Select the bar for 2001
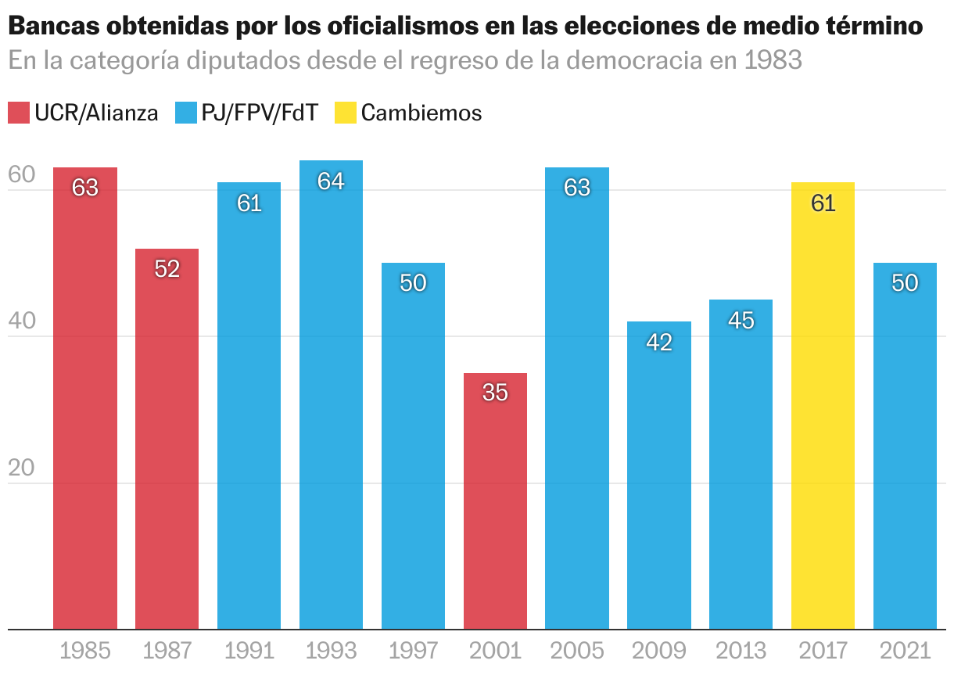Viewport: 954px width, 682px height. coord(495,501)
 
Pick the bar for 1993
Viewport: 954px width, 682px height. coord(331,394)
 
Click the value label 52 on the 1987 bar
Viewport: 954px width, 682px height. coord(167,269)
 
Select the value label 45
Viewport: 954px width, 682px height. coord(741,320)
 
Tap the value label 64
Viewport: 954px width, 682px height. coord(331,181)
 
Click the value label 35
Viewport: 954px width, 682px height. coord(495,393)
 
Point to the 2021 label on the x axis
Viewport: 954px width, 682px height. coord(905,651)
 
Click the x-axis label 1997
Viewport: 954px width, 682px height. coord(413,651)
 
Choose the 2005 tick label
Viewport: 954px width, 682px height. coord(577,651)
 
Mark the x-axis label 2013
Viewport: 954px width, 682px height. coord(741,651)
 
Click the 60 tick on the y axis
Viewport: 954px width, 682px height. coord(21,176)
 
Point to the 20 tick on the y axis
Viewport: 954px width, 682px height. coord(21,468)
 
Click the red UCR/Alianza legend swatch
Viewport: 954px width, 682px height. coord(18,113)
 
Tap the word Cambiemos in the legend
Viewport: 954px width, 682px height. coord(421,113)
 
